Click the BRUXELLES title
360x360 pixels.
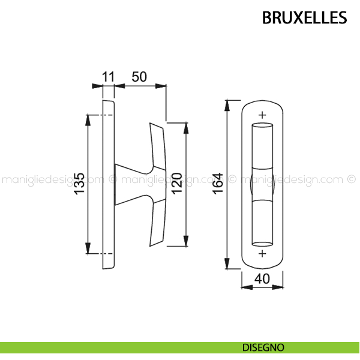pyautogui.click(x=304, y=17)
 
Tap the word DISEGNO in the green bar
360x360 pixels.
pyautogui.click(x=263, y=347)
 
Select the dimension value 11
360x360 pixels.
pyautogui.click(x=108, y=77)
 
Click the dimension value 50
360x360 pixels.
pyautogui.click(x=139, y=77)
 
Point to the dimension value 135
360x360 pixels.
pyautogui.click(x=79, y=184)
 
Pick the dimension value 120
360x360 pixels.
pyautogui.click(x=177, y=184)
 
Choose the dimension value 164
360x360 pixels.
pyautogui.click(x=218, y=184)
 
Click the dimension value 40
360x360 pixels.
pyautogui.click(x=262, y=279)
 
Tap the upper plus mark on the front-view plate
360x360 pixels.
pyautogui.click(x=262, y=115)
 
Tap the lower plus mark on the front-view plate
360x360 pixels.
pyautogui.click(x=262, y=253)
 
